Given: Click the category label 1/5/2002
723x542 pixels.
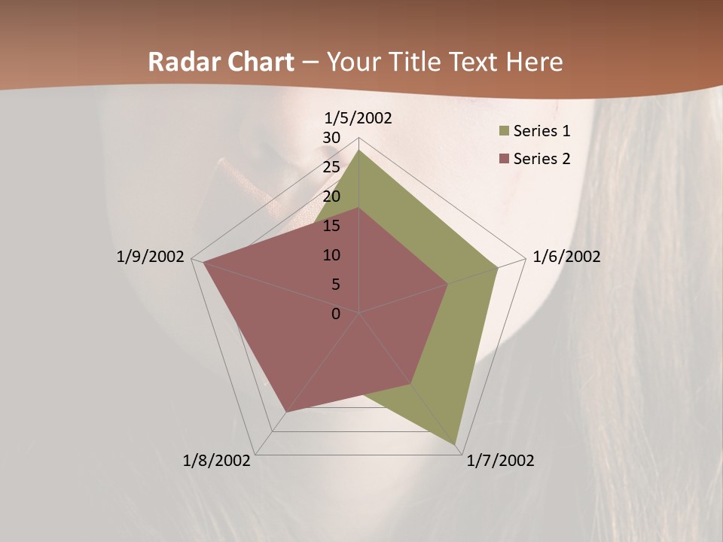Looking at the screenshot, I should [358, 117].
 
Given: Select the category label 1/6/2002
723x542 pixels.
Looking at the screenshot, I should [566, 257].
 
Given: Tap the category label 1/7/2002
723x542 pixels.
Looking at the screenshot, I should [500, 461].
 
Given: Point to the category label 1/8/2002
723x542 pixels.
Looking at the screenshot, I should [217, 461].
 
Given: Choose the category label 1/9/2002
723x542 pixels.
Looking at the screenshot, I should [151, 257].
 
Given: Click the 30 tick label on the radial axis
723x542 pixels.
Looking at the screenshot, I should [331, 138].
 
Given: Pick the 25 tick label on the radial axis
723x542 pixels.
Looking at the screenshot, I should [331, 167].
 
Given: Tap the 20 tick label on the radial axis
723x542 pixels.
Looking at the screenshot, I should [331, 196].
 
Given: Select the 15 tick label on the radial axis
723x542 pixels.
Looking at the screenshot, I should [331, 226].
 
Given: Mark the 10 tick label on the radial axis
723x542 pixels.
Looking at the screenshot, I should [331, 255].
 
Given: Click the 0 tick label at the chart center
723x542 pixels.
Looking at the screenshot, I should [336, 314].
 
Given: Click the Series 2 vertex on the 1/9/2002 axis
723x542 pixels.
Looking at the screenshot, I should [203, 262].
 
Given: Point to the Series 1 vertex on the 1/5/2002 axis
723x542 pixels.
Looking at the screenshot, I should [359, 150].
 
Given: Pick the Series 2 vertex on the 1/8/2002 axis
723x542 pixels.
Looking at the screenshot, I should [286, 413].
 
